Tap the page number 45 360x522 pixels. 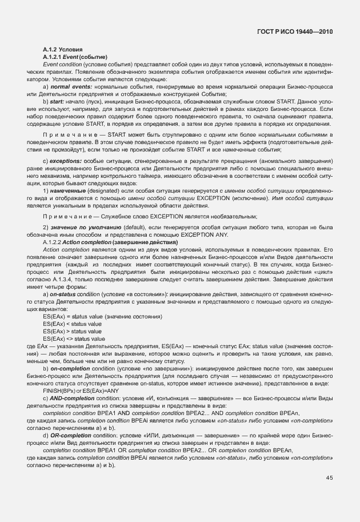329,478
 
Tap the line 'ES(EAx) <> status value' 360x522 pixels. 74,338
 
